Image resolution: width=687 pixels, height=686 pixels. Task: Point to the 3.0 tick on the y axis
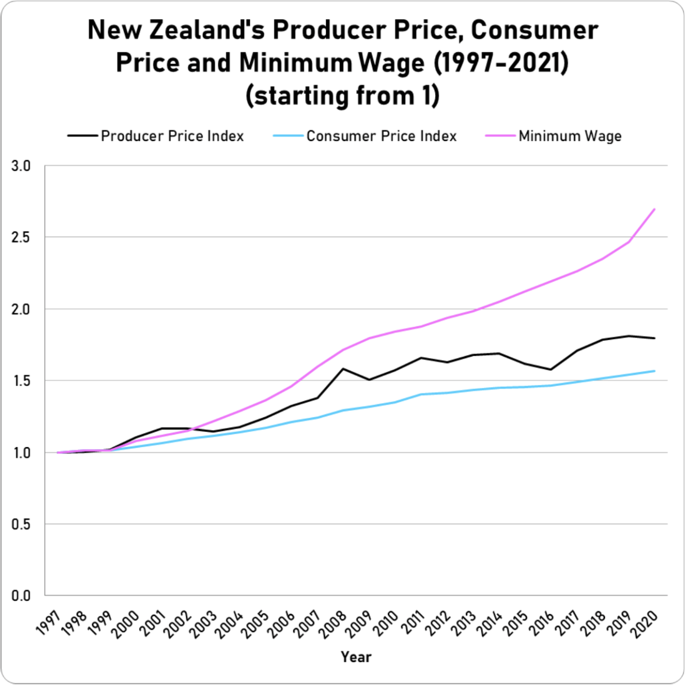[x=21, y=166]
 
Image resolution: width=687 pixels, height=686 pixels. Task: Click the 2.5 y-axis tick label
[x=21, y=237]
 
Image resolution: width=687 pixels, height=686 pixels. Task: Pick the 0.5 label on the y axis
[x=21, y=524]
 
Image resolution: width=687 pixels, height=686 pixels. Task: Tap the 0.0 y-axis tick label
[x=21, y=596]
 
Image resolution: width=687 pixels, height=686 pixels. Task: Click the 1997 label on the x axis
[x=49, y=622]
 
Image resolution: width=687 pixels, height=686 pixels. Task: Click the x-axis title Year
[x=356, y=657]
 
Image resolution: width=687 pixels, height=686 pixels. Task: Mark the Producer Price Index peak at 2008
[x=343, y=369]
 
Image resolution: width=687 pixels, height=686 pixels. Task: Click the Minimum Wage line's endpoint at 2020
[x=655, y=209]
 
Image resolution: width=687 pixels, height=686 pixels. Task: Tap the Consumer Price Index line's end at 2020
[x=655, y=371]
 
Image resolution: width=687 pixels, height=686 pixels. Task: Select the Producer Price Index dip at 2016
[x=551, y=370]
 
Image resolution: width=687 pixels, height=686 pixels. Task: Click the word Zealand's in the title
[x=207, y=30]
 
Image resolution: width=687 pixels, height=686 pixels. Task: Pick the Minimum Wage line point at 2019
[x=628, y=242]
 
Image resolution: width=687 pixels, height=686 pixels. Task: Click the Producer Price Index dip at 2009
[x=369, y=380]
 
